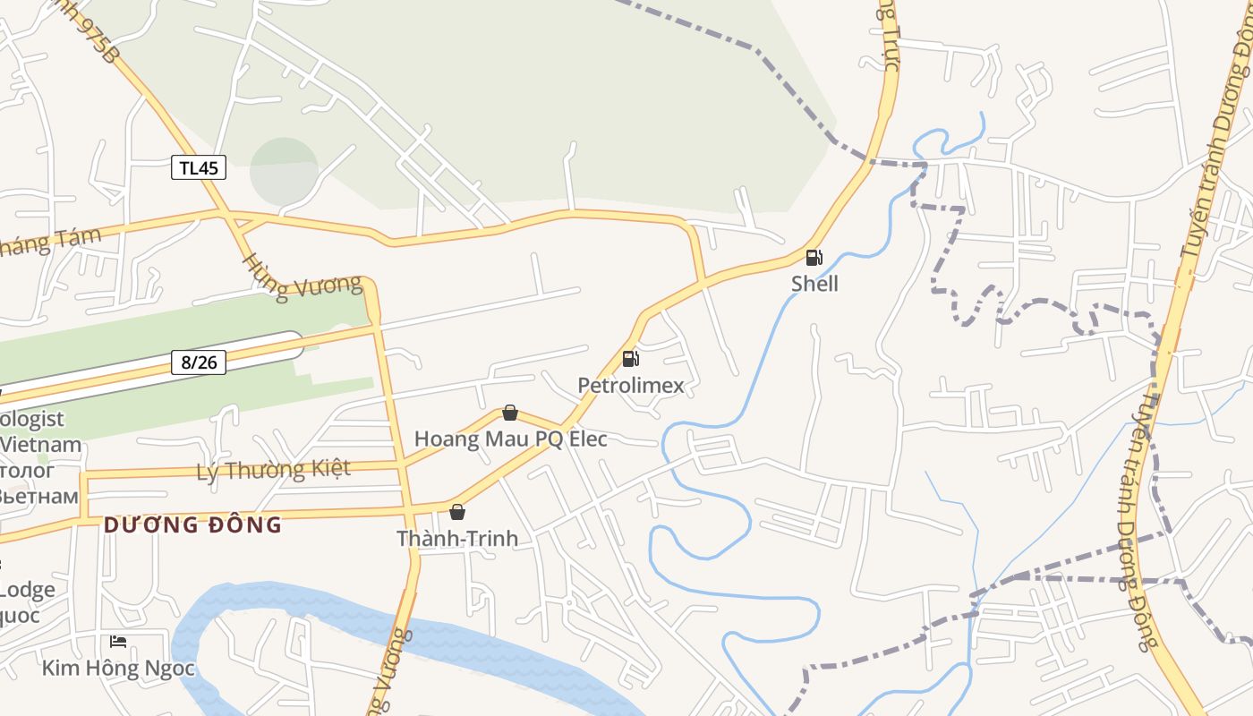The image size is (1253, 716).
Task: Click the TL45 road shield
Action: (199, 167)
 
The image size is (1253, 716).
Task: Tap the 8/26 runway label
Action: (199, 362)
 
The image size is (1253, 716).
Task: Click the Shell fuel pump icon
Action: (814, 258)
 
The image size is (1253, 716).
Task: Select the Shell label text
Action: (814, 284)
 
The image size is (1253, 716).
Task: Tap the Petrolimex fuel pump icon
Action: (631, 359)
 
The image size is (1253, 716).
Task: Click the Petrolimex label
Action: (630, 386)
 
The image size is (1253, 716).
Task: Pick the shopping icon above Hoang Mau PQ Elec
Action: (510, 413)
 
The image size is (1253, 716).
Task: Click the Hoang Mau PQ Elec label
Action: (510, 439)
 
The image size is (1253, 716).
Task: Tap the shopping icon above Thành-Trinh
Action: (457, 512)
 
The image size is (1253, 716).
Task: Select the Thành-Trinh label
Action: (457, 539)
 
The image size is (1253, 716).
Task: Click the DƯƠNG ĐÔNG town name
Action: (192, 525)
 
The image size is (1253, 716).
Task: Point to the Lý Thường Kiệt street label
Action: (273, 470)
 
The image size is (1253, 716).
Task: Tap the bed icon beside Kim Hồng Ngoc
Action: (118, 641)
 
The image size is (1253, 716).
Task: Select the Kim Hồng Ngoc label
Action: (118, 668)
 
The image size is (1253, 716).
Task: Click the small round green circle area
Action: (284, 170)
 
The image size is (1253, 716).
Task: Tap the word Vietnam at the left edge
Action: (41, 444)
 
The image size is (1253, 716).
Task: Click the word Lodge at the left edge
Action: (27, 590)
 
